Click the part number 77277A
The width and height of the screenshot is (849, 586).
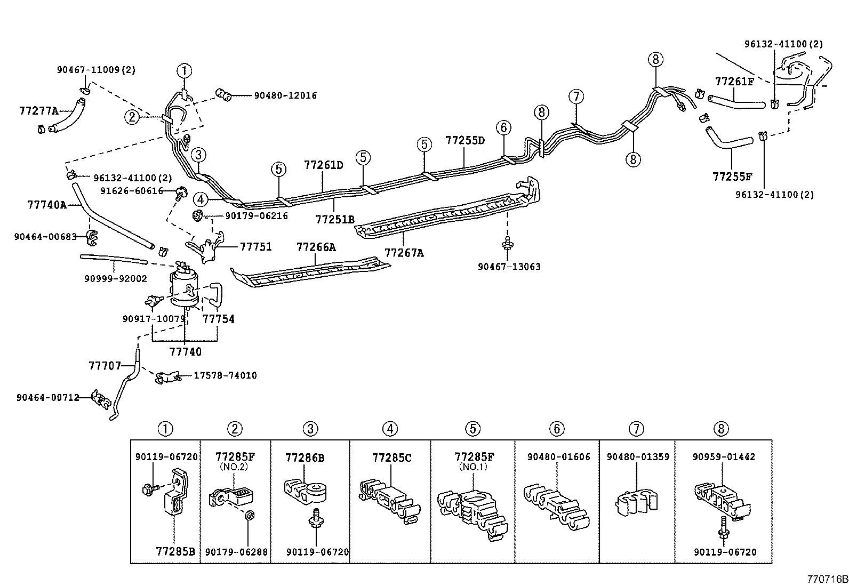click(x=38, y=111)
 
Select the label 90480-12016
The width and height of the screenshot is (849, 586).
click(x=285, y=95)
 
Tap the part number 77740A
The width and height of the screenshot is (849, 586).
click(x=46, y=204)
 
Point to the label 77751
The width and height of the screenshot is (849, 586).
click(x=256, y=247)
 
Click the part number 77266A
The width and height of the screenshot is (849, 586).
click(x=316, y=247)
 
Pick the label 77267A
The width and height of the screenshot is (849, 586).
click(x=404, y=253)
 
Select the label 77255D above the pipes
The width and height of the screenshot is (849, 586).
click(x=465, y=141)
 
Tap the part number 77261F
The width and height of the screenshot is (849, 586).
click(x=734, y=82)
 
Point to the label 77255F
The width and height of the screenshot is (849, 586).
click(x=732, y=176)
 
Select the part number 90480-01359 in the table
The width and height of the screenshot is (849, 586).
click(x=638, y=457)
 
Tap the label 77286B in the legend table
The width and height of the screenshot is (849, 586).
click(x=305, y=457)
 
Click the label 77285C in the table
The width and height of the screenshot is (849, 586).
click(x=391, y=457)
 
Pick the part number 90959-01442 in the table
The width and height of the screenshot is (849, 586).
click(x=724, y=457)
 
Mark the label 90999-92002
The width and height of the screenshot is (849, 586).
click(x=115, y=278)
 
